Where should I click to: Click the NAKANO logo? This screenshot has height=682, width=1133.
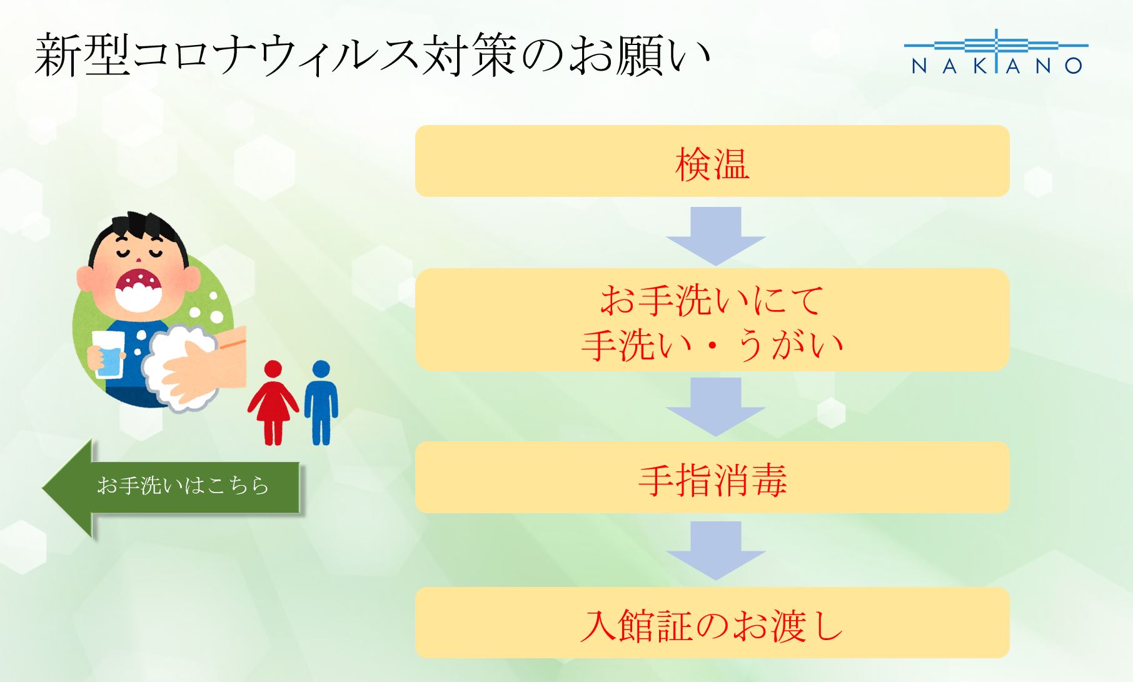pos(996,53)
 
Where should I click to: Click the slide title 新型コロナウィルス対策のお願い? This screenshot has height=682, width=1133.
pos(373,56)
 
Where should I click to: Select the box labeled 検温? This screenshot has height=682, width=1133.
pos(712,161)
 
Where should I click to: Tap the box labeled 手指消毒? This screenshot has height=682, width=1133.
pos(712,478)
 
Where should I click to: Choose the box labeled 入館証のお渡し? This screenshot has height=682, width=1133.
pos(712,623)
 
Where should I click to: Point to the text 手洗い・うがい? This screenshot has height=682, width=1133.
pos(712,344)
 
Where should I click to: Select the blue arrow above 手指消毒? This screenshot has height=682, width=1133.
pos(716,406)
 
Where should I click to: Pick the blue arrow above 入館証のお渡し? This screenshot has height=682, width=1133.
pos(716,551)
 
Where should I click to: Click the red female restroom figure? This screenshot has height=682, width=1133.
pos(273,403)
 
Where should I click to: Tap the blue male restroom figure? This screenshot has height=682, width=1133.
pos(321,403)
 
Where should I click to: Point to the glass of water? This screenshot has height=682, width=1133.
pos(108,354)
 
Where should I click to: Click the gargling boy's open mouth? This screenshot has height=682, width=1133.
pos(139,288)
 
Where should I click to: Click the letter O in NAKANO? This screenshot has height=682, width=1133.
pos(1073,66)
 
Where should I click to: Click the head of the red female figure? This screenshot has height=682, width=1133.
pos(273,369)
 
